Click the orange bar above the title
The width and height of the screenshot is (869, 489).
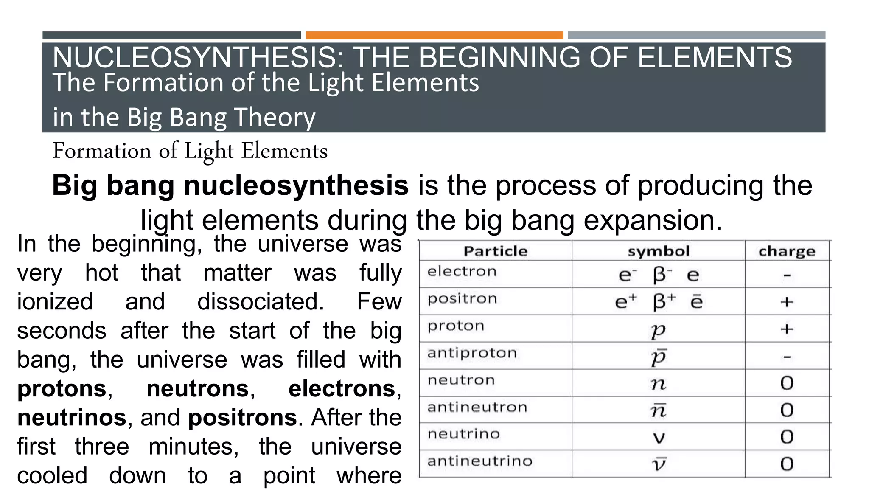point(434,35)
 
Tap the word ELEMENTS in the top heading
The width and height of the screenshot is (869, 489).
point(715,57)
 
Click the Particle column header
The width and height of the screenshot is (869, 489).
point(495,251)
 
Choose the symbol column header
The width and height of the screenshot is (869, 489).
point(659,251)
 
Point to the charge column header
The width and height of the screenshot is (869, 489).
point(787,251)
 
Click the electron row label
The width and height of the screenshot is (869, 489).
point(462,272)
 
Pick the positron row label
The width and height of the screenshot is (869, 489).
point(462,299)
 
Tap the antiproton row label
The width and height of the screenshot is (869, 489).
point(472,353)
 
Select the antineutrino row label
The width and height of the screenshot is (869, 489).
point(479,461)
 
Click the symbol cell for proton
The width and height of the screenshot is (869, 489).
point(659,330)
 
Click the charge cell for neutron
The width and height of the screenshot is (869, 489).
point(787,383)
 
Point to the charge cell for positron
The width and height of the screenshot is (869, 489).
point(787,302)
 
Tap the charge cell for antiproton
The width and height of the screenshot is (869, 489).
point(787,357)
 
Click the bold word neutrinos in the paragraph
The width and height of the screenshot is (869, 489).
point(72,418)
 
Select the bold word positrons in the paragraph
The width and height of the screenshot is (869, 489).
point(242,418)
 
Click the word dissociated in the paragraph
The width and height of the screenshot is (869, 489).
point(261,302)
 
